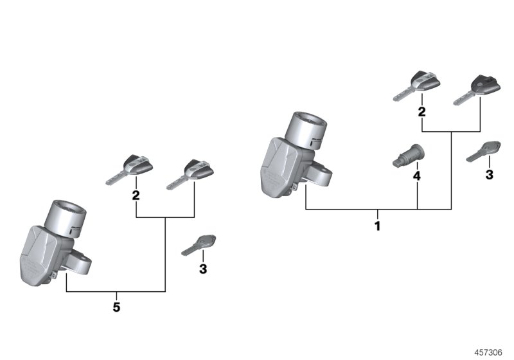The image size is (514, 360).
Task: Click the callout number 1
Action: [x=377, y=226]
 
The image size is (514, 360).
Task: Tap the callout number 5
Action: [x=116, y=307]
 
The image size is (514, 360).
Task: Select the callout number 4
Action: [x=416, y=175]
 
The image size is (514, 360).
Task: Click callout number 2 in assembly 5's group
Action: [x=136, y=195]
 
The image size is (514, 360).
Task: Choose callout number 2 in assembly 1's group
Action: [x=422, y=112]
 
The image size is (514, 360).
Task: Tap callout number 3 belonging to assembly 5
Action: [x=203, y=269]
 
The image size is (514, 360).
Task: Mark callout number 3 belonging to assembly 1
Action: [x=489, y=174]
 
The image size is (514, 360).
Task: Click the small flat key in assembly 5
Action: [x=199, y=244]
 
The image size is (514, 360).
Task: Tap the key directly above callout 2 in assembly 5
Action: [x=131, y=169]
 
